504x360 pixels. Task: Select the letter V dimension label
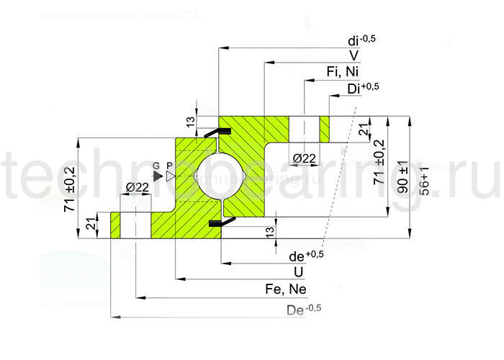(354, 55)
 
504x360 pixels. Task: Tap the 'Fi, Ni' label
(343, 71)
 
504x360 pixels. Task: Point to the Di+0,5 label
(362, 88)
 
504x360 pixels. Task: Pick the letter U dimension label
(297, 272)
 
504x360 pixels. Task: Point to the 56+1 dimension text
(425, 182)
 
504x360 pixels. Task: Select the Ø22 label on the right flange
(305, 158)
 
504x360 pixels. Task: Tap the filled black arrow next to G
(158, 175)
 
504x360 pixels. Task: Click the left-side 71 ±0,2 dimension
(70, 188)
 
